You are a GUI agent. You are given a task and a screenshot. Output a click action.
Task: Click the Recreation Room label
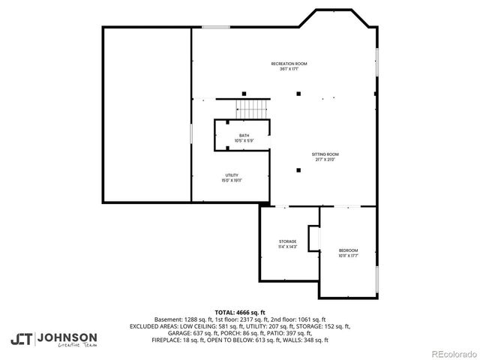289,64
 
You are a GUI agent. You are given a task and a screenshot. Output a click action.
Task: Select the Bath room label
244,136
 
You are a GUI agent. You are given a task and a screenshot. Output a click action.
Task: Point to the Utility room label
232,175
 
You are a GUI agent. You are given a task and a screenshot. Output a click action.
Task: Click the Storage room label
288,241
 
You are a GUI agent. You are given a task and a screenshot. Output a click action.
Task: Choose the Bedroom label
348,250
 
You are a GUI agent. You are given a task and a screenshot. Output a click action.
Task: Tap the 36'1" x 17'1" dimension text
289,69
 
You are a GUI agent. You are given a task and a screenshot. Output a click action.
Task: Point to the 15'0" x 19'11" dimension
232,181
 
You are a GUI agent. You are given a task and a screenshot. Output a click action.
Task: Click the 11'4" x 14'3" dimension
288,247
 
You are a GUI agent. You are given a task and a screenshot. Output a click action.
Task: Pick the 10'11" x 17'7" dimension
348,255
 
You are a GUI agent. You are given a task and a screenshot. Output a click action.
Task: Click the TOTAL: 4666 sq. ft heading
240,312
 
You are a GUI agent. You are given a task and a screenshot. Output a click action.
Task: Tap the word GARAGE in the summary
179,333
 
